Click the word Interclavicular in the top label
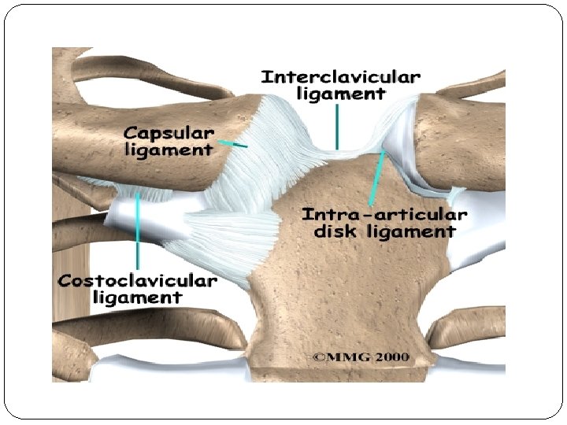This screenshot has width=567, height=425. coord(340,77)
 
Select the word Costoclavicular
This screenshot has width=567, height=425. coord(138,281)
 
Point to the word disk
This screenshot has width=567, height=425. coord(335,231)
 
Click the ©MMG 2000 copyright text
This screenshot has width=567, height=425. coord(361,357)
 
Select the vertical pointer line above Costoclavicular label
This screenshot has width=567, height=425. coord(139,232)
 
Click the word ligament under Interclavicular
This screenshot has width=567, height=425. coord(341,94)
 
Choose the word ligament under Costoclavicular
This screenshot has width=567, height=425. coord(138,298)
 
